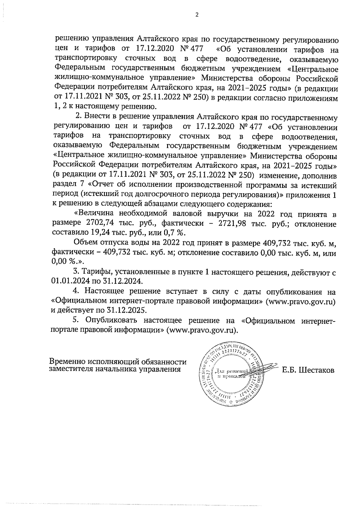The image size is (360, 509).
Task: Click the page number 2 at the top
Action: point(197,15)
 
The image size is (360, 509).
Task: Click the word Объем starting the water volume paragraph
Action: point(87,243)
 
